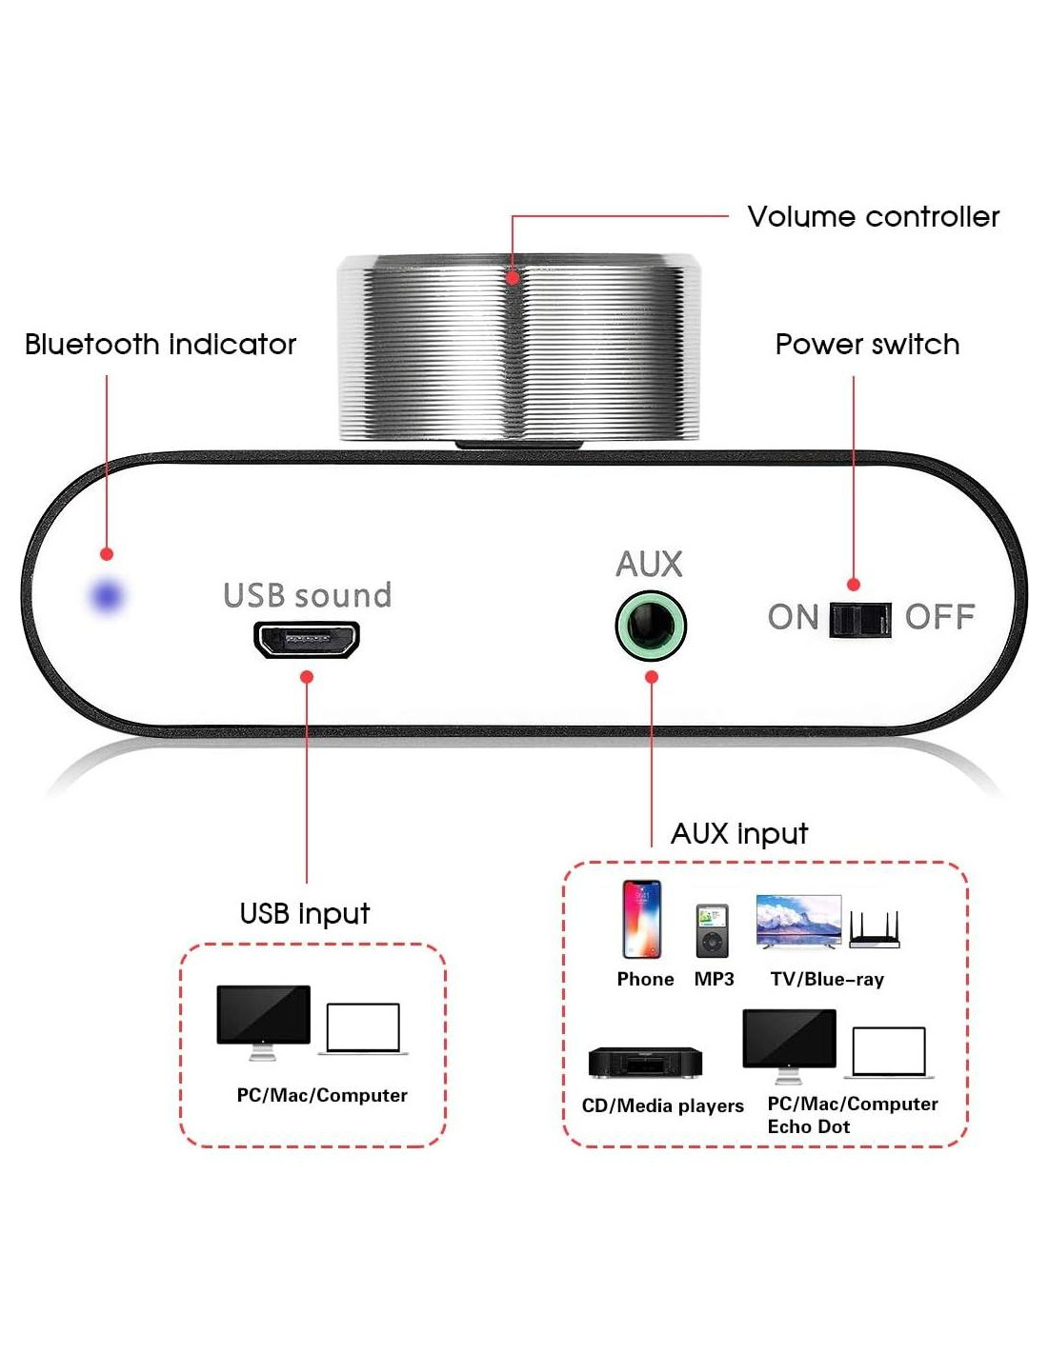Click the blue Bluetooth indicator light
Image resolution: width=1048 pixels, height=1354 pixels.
pos(107,596)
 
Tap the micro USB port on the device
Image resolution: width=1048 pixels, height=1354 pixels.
pos(306,639)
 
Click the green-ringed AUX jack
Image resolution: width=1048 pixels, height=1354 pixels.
pos(651,627)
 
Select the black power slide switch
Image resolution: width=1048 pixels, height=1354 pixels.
pos(860,619)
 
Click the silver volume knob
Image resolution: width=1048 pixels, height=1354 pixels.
pos(519,348)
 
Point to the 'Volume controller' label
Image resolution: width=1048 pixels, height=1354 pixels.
pos(873,217)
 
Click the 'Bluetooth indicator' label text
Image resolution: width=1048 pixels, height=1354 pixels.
pos(160,345)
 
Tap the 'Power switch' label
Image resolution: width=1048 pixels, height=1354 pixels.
pos(867,345)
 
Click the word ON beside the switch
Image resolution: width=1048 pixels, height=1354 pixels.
pos(793,618)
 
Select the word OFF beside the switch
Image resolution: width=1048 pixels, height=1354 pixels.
pos(939,618)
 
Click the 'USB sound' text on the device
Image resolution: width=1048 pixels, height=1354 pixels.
pos(307,595)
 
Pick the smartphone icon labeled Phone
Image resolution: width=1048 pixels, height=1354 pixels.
pos(641,919)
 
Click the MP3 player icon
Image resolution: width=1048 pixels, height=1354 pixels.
pos(712,930)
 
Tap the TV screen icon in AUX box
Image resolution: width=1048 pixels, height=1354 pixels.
pos(798,921)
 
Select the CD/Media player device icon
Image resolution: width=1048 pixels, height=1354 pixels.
pos(645,1063)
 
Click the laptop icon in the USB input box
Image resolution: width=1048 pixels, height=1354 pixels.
pos(363,1028)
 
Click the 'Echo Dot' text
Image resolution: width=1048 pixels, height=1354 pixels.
pos(809,1127)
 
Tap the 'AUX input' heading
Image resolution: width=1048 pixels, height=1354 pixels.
pos(739,834)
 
